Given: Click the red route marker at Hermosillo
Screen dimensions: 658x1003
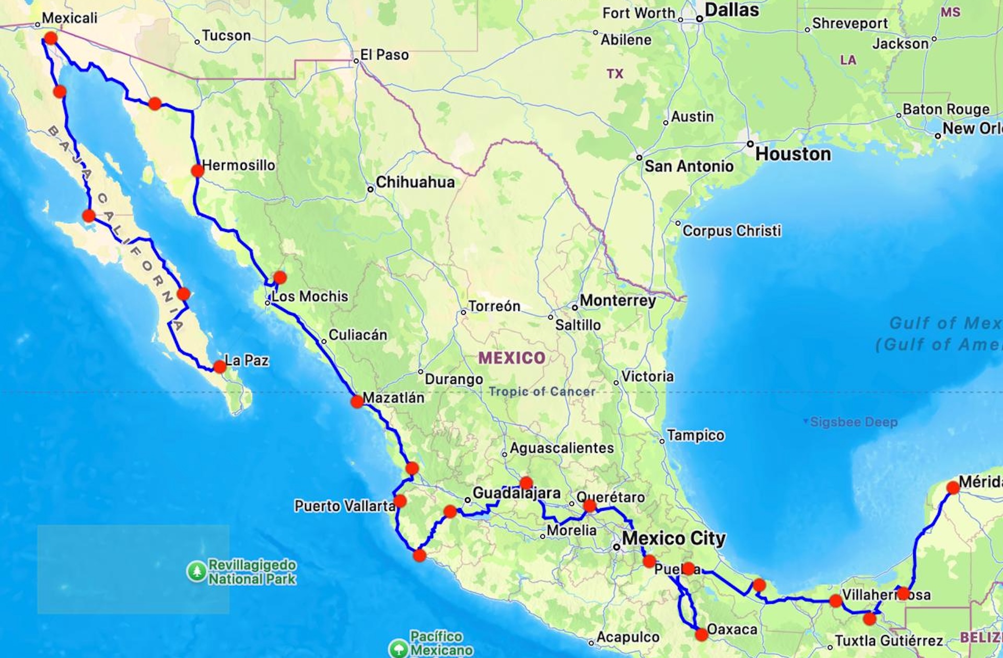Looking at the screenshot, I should [x=197, y=171].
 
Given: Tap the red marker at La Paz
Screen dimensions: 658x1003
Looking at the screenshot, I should [x=220, y=367].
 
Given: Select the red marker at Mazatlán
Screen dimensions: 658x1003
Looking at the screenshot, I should [x=357, y=402].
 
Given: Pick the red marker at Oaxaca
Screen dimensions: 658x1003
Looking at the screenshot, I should [x=702, y=634].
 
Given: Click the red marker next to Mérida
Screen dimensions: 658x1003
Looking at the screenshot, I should [x=953, y=488].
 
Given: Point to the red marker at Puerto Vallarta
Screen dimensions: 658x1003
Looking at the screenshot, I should [x=400, y=501].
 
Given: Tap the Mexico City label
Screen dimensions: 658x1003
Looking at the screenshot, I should [x=673, y=538].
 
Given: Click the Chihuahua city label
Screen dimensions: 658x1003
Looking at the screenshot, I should [x=415, y=182].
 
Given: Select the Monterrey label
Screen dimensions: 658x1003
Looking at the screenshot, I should [x=617, y=301].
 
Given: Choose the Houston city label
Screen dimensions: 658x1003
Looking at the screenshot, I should [x=793, y=154].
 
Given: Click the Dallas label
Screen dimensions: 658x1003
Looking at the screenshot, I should [x=731, y=10].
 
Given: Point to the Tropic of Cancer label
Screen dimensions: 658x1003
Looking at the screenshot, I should [x=542, y=392].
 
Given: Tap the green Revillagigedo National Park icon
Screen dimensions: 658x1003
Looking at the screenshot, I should [x=197, y=571].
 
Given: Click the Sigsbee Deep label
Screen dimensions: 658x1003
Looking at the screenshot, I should [x=854, y=422].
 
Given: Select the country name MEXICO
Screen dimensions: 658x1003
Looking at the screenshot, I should [x=512, y=358].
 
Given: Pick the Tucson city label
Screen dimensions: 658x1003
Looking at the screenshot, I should [x=226, y=36].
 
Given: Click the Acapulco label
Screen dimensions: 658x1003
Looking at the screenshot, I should [x=627, y=637].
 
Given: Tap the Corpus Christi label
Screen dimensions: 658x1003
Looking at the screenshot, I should [x=731, y=231].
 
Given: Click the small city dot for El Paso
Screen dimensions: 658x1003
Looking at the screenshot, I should [x=356, y=61].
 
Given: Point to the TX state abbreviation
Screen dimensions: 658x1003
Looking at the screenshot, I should [x=615, y=74].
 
